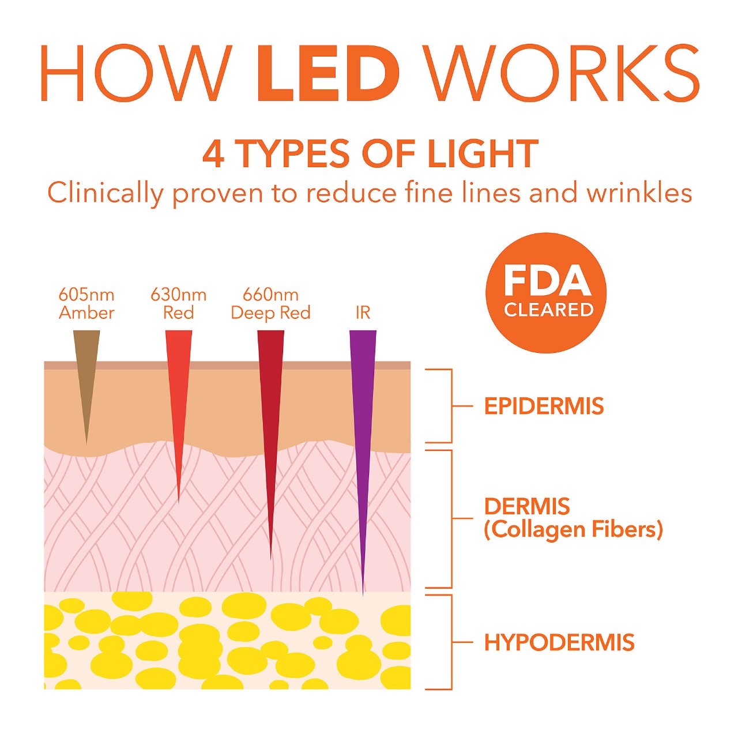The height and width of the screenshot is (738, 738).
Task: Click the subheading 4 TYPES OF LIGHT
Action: [370, 154]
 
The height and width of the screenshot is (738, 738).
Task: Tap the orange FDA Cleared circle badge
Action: [545, 293]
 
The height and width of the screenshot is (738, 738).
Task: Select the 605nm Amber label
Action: [86, 304]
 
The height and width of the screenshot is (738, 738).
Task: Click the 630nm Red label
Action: [178, 304]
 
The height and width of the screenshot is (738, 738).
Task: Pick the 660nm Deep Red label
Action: [270, 304]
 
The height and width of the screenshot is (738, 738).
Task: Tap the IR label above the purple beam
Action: [363, 313]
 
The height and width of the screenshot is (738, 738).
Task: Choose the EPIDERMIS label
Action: [544, 406]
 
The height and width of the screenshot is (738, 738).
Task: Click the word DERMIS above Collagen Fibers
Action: [527, 507]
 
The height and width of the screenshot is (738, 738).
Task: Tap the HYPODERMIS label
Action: [559, 642]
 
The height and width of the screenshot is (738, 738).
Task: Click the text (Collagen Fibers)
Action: [573, 529]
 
